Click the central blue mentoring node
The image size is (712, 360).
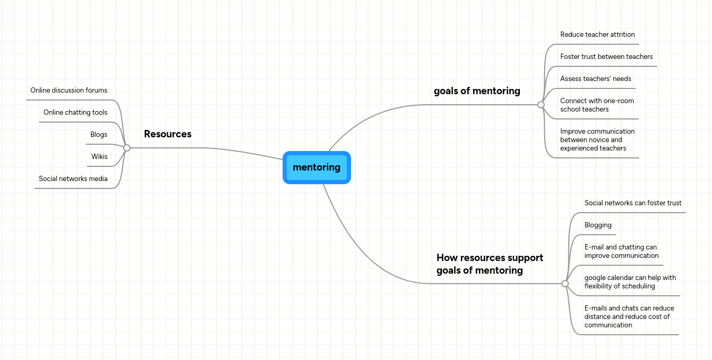coord(316,167)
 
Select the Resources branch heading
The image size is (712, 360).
coord(167,134)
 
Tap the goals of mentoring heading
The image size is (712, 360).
coord(477,91)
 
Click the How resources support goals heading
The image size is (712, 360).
coord(489,264)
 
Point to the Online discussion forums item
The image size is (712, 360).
coord(68,91)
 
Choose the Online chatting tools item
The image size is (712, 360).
coord(75,113)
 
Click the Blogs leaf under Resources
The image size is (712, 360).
coord(98,135)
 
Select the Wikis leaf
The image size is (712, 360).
coord(99,157)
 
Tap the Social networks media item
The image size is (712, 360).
coord(73,179)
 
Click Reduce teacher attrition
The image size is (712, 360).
coord(597,35)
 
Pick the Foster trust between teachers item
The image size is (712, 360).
coord(606,57)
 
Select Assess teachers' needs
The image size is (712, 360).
coord(595,79)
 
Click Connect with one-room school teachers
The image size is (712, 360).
coord(597,105)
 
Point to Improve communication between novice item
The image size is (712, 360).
coord(597,140)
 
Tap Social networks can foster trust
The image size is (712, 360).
coord(633,203)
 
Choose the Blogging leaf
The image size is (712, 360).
coord(598,225)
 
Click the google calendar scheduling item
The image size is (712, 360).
coord(630,282)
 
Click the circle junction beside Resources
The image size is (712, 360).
coord(127,148)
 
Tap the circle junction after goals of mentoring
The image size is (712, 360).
coord(540,105)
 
